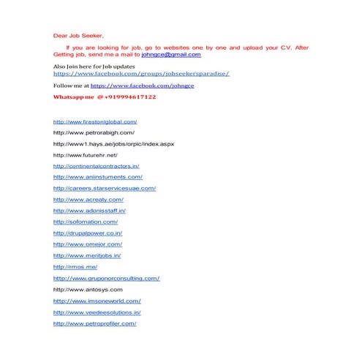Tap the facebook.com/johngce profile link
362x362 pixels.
142,86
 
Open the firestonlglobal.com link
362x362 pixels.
95,121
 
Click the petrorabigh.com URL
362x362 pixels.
94,132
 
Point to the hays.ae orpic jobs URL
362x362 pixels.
113,144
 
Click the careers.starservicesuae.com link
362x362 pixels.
105,188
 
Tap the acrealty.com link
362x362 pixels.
88,199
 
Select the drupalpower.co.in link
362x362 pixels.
88,233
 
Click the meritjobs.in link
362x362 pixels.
87,255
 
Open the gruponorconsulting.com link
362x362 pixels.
106,278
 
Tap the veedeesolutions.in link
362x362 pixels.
97,312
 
